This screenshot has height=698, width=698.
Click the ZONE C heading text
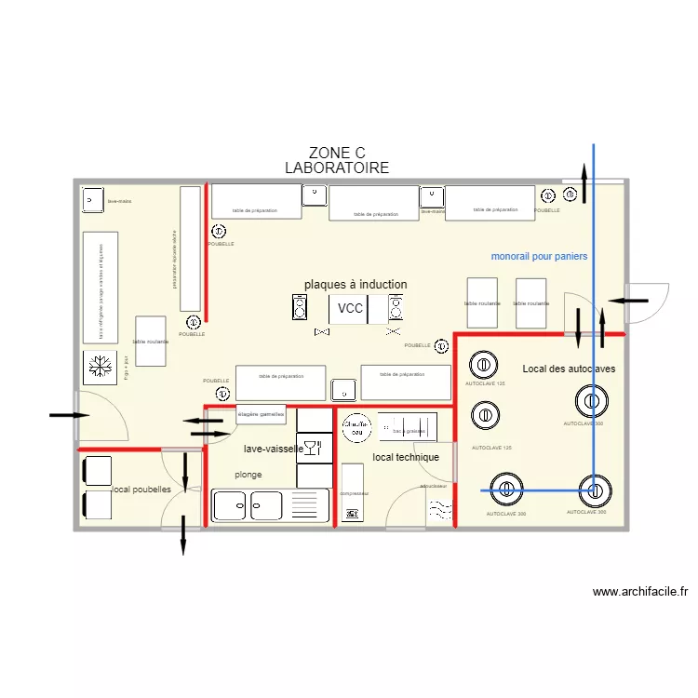[x=336, y=153]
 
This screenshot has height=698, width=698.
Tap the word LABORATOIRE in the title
[x=336, y=168]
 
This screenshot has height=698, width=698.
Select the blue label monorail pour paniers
[x=539, y=256]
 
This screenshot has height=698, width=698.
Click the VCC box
[x=350, y=309]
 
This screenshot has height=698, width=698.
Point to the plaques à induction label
[x=355, y=285]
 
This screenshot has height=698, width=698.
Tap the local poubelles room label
[x=141, y=490]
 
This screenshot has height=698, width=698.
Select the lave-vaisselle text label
[x=273, y=449]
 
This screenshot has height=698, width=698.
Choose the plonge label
[x=248, y=475]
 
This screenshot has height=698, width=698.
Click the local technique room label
[x=405, y=458]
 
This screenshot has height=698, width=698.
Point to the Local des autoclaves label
[x=568, y=369]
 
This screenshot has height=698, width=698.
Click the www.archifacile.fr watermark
[x=639, y=591]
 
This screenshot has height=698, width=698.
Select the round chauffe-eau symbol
[x=355, y=428]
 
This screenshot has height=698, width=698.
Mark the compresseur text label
[x=354, y=493]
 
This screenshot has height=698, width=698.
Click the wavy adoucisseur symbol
[x=440, y=509]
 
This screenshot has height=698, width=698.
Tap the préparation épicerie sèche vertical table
[x=190, y=249]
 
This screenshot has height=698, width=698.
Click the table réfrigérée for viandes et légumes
[x=100, y=282]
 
